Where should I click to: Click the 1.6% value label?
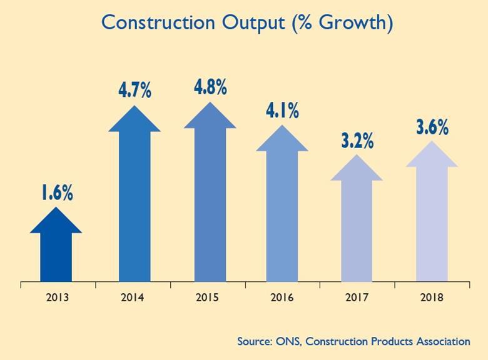pyautogui.click(x=57, y=193)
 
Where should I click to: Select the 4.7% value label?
pyautogui.click(x=135, y=90)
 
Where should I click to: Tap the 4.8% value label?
pyautogui.click(x=210, y=86)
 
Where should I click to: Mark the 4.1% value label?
pyautogui.click(x=282, y=112)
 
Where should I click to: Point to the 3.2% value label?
pyautogui.click(x=357, y=141)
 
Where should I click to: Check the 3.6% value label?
pyautogui.click(x=432, y=127)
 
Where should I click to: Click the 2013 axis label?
pyautogui.click(x=58, y=297)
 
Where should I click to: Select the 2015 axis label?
pyautogui.click(x=207, y=297)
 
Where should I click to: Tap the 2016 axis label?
pyautogui.click(x=282, y=297)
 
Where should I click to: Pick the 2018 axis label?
pyautogui.click(x=431, y=297)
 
